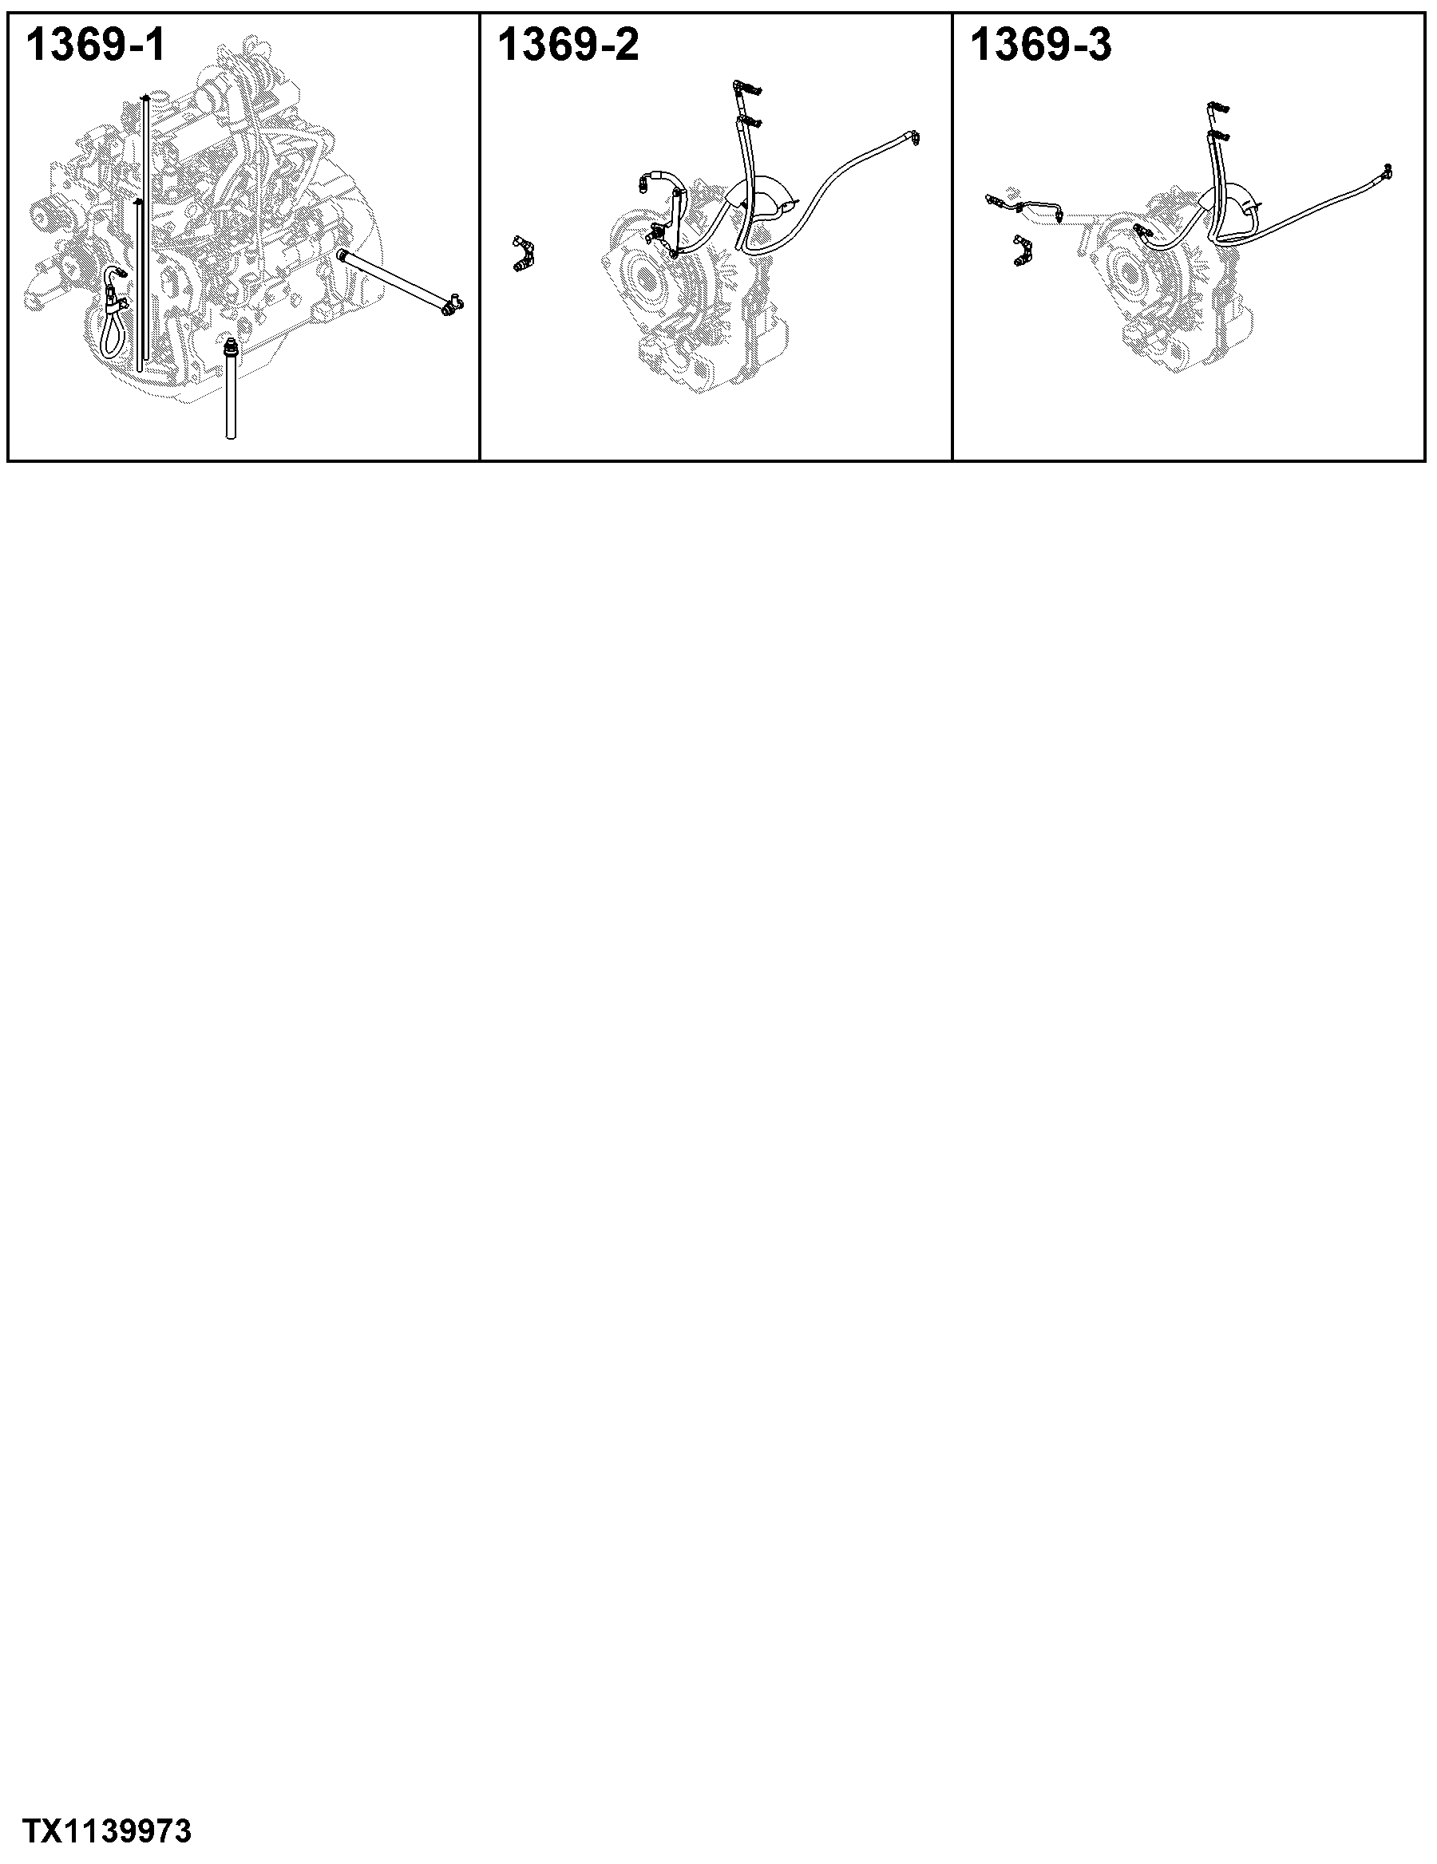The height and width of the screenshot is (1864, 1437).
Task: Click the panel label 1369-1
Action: (96, 45)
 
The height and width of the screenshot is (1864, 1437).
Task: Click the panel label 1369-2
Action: (568, 45)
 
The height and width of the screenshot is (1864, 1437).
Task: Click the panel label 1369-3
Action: (1041, 45)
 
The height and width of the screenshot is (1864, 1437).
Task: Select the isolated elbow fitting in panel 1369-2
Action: (524, 255)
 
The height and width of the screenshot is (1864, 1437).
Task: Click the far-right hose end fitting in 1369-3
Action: (1388, 171)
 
